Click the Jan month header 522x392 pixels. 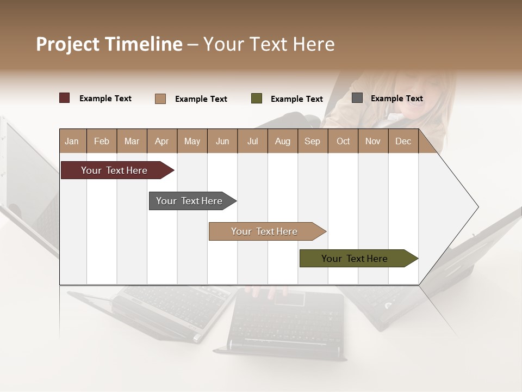(x=72, y=141)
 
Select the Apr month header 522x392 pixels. (x=161, y=141)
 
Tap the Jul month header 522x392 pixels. (x=252, y=141)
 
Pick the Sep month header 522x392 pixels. (x=312, y=141)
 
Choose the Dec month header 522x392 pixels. (x=403, y=141)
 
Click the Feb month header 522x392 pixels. (x=102, y=141)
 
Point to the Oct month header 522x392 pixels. (x=343, y=141)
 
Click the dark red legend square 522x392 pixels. (x=65, y=98)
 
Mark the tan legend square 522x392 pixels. (x=160, y=99)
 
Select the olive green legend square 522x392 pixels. (x=257, y=99)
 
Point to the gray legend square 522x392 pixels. (x=357, y=98)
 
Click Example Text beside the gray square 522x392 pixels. (x=396, y=98)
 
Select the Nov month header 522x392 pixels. (x=373, y=141)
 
